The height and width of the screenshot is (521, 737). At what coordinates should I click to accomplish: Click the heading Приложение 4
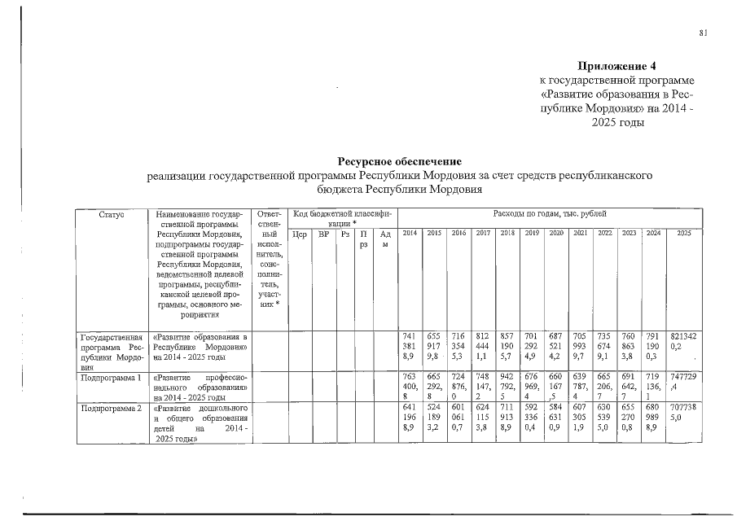click(x=616, y=65)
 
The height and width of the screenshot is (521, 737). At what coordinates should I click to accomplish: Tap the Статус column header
click(x=112, y=213)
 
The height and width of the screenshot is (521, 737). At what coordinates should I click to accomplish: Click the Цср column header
click(x=299, y=234)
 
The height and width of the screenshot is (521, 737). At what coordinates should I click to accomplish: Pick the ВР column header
click(x=323, y=234)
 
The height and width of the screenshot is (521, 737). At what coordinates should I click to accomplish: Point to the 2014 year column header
click(x=410, y=234)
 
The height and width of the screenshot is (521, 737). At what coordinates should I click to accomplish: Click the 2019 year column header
click(x=533, y=234)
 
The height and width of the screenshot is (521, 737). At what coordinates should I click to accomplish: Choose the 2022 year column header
click(x=604, y=234)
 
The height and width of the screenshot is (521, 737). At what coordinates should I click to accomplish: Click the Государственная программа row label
click(x=112, y=351)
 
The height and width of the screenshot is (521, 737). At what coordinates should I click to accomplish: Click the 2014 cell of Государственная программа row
click(x=410, y=345)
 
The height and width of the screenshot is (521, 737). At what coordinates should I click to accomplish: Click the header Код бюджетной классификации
click(x=341, y=217)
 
